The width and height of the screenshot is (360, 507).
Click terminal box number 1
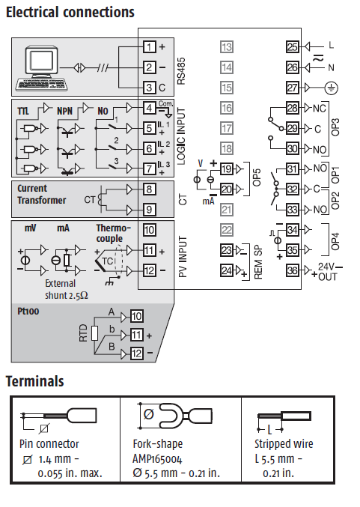tap(149, 47)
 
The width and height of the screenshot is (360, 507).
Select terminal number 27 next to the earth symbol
tap(293, 88)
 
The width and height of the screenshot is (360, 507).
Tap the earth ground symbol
tap(332, 88)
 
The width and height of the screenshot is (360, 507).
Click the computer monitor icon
tap(43, 61)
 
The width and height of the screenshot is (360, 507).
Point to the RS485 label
tap(181, 71)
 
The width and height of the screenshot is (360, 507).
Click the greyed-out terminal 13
tap(227, 47)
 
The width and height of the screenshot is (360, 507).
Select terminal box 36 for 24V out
tap(293, 270)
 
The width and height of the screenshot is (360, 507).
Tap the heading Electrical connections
tap(70, 12)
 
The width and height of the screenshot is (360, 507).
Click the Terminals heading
tap(34, 381)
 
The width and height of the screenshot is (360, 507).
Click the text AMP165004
tap(157, 459)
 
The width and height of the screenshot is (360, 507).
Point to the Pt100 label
tap(28, 312)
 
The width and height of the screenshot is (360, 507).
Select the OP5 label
tap(257, 177)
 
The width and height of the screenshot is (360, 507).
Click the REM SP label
tap(258, 262)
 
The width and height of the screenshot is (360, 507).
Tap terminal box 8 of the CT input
tap(149, 189)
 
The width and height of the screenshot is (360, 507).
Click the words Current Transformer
tap(42, 194)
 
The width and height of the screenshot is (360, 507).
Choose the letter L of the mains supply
tap(332, 45)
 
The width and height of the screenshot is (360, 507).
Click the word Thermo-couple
tap(113, 234)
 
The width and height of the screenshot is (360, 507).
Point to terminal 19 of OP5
tap(227, 169)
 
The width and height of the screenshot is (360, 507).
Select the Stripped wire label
tap(284, 443)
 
